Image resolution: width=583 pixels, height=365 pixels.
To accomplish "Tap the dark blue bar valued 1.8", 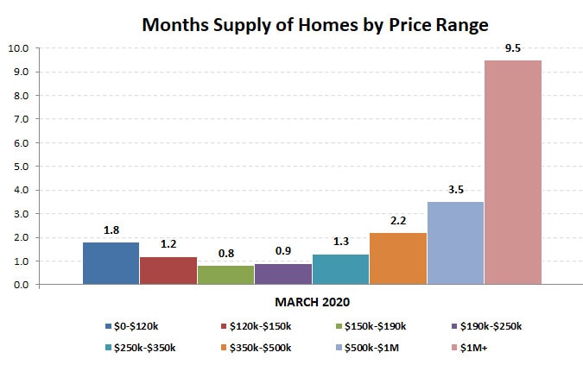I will tap(111, 263).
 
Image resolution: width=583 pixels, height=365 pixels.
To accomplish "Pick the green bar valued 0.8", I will tap(225, 274).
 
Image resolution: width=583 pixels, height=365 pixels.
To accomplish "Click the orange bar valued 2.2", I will tap(397, 258).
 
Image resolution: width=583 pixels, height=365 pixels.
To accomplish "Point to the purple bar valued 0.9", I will tap(282, 274).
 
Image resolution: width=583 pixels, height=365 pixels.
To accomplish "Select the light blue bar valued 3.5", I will tap(455, 242).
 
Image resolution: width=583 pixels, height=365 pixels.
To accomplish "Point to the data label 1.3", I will tap(340, 242).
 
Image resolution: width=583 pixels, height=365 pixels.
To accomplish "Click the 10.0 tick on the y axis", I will tap(18, 48).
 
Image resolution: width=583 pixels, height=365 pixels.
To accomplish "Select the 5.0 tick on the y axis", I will tap(20, 166).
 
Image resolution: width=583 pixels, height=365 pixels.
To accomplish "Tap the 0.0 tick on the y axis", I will tap(20, 285).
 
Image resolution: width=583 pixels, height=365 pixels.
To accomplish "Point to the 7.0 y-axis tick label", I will tap(20, 119).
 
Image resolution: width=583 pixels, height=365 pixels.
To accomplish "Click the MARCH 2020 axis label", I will tap(312, 303).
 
